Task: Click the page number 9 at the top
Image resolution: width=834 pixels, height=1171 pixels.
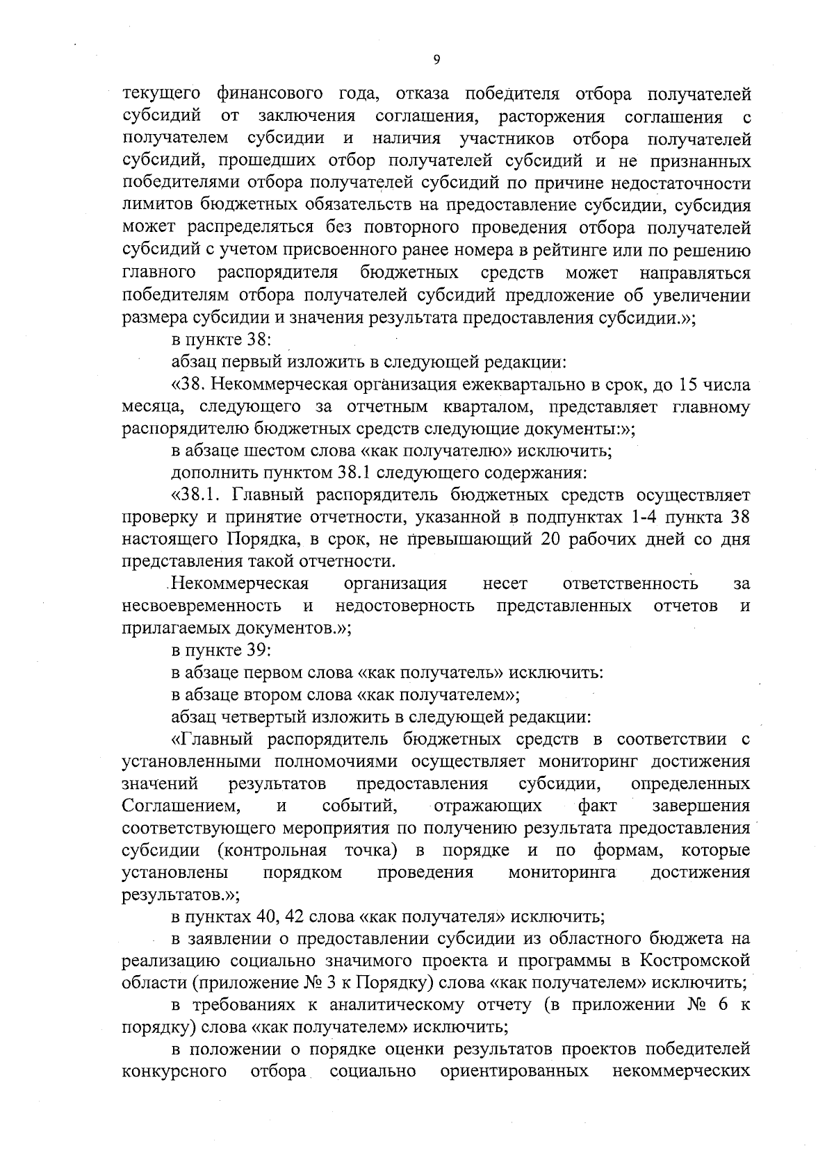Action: [436, 61]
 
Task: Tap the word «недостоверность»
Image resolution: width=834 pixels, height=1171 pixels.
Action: [404, 606]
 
